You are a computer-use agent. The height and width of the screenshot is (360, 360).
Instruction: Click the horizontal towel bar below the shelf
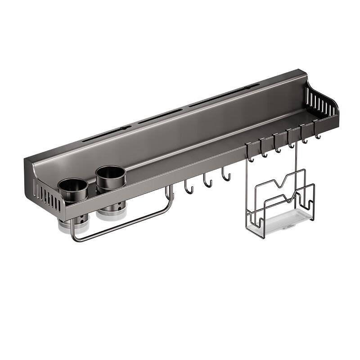121,225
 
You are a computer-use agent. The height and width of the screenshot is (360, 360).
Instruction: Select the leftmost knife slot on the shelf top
107,133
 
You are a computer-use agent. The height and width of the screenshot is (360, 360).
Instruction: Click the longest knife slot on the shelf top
224,95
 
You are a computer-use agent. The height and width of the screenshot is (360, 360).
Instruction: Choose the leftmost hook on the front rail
250,155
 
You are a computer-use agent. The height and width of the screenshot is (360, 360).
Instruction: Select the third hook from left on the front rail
278,146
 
